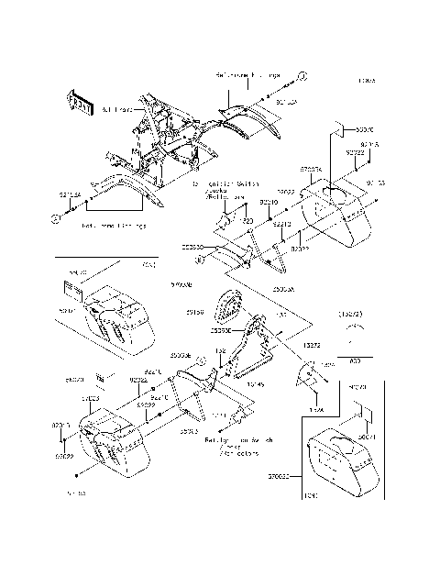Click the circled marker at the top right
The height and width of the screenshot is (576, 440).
tap(300, 72)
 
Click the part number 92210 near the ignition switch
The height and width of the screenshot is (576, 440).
tap(269, 201)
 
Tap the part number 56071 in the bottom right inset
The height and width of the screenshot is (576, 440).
tap(368, 438)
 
